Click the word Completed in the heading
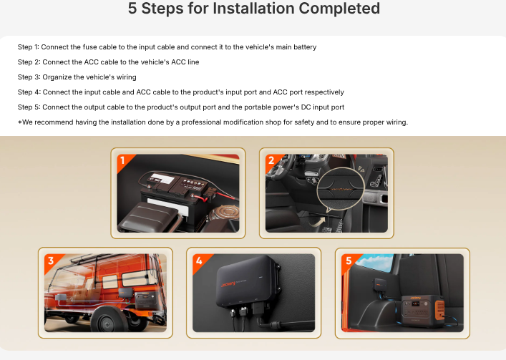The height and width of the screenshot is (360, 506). click(339, 9)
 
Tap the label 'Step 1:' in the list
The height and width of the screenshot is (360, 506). click(29, 47)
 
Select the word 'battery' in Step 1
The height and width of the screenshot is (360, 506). click(305, 47)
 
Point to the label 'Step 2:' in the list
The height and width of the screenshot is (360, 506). click(29, 62)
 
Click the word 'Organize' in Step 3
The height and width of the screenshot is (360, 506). click(57, 77)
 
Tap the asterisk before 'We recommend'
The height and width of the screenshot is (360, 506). click(20, 122)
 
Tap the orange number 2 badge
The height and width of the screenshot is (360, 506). click(272, 160)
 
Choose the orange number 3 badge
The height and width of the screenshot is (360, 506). click(52, 261)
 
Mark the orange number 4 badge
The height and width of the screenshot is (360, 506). click(200, 261)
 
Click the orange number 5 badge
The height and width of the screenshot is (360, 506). click(349, 261)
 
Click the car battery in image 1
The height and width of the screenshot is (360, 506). click(174, 198)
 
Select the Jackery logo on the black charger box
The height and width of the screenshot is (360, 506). click(228, 284)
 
